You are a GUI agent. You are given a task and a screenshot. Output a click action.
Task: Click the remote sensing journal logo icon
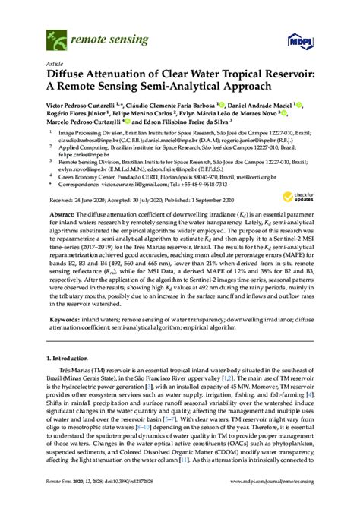55,33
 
